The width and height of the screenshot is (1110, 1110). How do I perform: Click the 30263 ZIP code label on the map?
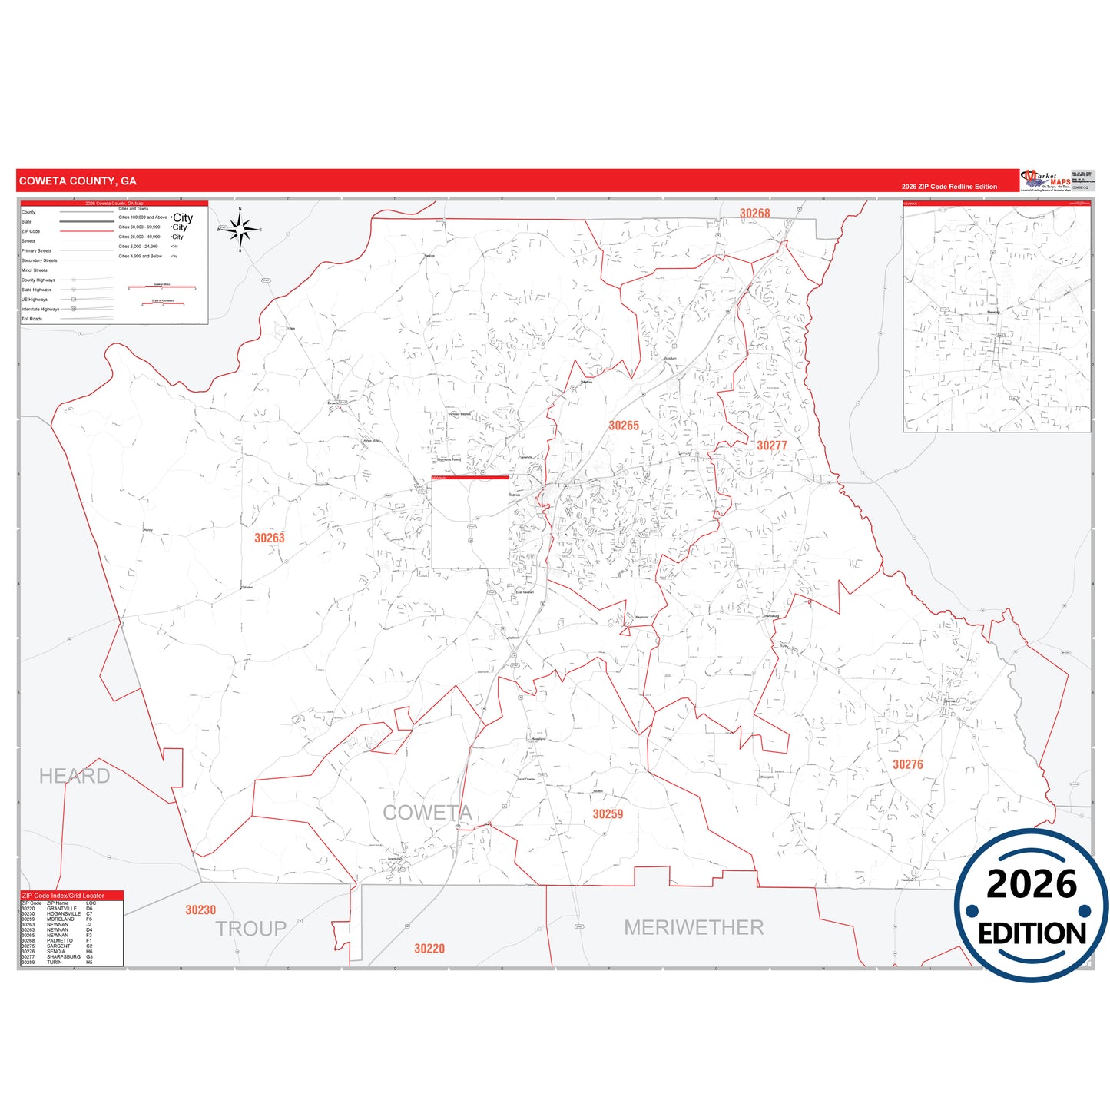[270, 538]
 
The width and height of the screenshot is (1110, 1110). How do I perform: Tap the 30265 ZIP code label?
[624, 426]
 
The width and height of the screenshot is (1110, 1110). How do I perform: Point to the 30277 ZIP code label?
[772, 446]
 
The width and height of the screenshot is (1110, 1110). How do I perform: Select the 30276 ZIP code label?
[907, 764]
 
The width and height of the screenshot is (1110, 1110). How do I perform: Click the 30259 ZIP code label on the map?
[608, 814]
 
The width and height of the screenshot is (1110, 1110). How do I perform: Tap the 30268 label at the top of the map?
[754, 214]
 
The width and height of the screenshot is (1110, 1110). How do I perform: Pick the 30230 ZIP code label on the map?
[200, 910]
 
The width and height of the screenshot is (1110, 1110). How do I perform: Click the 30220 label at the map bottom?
[429, 949]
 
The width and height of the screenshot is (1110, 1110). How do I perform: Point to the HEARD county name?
[75, 776]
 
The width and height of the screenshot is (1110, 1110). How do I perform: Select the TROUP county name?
[250, 929]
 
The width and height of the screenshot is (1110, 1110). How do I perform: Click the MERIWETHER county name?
[694, 928]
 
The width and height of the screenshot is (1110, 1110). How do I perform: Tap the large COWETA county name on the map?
[427, 813]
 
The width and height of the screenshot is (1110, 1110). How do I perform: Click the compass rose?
[240, 229]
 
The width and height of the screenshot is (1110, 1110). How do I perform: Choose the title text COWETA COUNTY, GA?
[78, 181]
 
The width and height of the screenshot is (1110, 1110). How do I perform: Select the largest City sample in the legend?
[183, 218]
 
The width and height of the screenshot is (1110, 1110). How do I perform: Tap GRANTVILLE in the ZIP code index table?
[61, 909]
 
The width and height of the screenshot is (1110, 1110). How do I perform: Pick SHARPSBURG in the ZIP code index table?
[64, 957]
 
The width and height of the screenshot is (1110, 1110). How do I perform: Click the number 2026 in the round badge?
[1031, 884]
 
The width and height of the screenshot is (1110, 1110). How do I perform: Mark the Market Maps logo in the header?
[1045, 181]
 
